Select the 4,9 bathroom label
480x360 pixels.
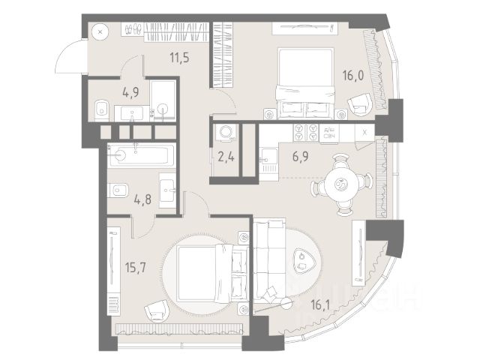pos(131,94)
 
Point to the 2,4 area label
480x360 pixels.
pos(223,157)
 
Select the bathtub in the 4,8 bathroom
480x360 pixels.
pos(141,156)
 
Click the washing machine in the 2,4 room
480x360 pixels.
pos(224,133)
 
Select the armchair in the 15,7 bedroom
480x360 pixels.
pos(155,307)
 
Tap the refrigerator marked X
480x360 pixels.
pos(364,132)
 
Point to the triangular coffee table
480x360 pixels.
pos(304,260)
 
